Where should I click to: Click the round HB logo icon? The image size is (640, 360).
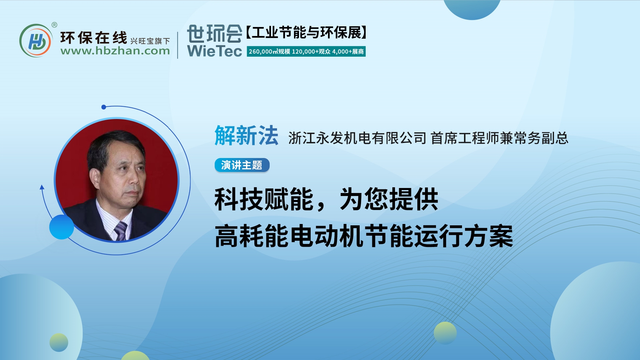point(36,41)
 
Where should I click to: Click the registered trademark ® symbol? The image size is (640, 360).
point(54,25)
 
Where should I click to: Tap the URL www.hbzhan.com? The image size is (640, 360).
point(115,51)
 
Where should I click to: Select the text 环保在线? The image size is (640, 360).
point(94,38)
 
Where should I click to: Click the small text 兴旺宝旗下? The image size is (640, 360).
point(150,41)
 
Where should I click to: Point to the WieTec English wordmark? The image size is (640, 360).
point(214,51)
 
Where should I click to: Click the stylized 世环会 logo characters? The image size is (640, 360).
point(214,34)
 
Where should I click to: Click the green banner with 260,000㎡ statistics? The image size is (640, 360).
point(306,52)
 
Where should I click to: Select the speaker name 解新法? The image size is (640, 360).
point(246,136)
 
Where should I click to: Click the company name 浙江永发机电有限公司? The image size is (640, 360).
point(357,138)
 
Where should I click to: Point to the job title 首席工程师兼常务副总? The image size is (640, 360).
point(499,138)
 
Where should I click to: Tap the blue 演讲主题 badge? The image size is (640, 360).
point(242,165)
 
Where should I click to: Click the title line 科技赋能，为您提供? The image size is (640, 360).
point(326,199)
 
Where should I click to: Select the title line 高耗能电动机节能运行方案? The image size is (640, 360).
point(364,236)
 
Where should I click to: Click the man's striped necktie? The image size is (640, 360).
point(120,230)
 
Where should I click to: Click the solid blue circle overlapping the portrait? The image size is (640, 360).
point(62,227)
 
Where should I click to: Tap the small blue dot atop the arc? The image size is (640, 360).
point(104,107)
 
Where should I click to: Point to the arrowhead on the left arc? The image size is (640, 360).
point(42,187)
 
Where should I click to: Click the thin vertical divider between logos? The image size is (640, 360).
point(178,45)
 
